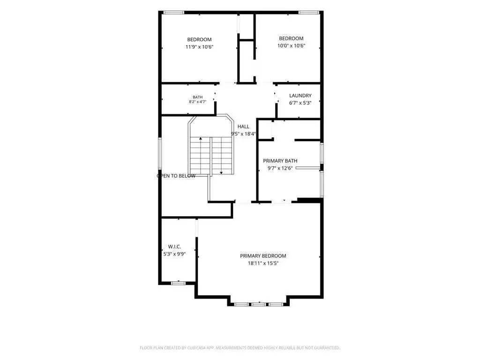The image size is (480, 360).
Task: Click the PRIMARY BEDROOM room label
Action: [263, 256]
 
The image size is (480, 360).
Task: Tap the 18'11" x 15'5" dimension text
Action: [263, 263]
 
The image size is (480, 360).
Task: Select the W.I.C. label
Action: [174, 247]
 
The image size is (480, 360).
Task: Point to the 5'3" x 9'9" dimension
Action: [174, 254]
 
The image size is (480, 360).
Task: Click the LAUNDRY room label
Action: [300, 96]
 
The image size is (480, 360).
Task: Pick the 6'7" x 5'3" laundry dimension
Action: [300, 103]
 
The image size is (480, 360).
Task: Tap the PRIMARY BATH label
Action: [280, 161]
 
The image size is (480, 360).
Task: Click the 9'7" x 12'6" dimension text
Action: [280, 168]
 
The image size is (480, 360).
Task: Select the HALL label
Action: [243, 127]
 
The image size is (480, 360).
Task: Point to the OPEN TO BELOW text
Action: [176, 176]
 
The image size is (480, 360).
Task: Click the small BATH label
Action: [198, 97]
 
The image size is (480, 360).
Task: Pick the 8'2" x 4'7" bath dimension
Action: [198, 102]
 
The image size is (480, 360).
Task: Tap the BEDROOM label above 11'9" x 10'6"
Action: [199, 39]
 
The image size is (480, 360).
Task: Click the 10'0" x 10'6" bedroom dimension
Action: [292, 45]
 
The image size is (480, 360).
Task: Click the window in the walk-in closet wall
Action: [178, 283]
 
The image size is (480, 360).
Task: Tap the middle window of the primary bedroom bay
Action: [259, 304]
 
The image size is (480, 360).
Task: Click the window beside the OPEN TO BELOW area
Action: [160, 153]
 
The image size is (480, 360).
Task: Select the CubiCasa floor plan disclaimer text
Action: [240, 348]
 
